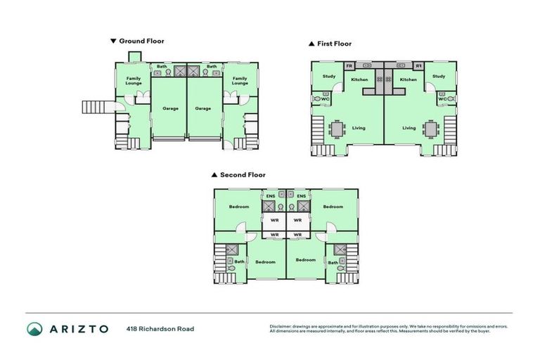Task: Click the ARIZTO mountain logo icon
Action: [x=34, y=328]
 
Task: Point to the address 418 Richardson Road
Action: [x=160, y=328]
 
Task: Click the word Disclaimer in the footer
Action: [x=281, y=326]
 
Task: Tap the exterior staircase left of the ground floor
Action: [x=96, y=107]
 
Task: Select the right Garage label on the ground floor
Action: [x=203, y=108]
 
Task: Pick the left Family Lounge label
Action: [x=134, y=81]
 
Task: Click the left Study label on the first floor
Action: [x=328, y=76]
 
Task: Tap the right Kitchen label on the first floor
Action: [x=409, y=79]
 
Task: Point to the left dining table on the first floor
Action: [x=337, y=129]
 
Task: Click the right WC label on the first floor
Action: [x=441, y=99]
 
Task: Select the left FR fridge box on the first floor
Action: [x=349, y=66]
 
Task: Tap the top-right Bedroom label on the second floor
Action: [x=333, y=207]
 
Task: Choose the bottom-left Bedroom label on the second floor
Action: [x=265, y=262]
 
